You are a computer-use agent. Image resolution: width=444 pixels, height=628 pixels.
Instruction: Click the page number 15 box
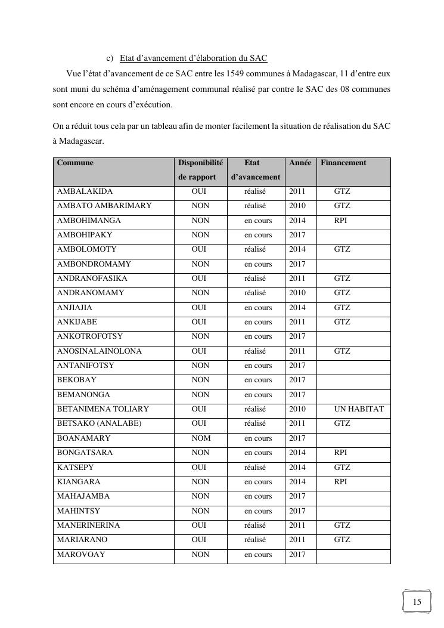click(417, 601)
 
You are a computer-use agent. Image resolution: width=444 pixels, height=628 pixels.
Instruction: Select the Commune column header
click(75, 162)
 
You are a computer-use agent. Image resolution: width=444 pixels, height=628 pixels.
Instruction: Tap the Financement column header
click(343, 162)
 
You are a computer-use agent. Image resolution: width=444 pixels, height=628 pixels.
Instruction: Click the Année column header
click(300, 162)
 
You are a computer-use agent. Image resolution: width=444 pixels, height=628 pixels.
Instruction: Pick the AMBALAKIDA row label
click(85, 191)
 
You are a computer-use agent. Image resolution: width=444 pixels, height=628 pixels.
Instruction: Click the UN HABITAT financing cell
click(359, 409)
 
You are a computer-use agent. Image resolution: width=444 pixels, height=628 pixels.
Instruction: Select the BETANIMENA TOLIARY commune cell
click(103, 409)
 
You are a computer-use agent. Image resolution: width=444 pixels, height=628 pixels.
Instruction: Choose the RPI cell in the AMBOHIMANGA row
click(341, 221)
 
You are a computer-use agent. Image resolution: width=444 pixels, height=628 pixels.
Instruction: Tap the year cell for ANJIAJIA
click(297, 308)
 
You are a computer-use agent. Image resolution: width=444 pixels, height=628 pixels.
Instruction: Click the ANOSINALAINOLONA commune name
click(99, 351)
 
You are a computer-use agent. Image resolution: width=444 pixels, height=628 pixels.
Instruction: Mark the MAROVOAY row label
click(81, 555)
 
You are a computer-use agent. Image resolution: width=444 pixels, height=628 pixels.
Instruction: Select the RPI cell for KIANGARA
click(341, 482)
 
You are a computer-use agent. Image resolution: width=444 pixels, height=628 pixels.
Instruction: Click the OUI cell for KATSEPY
click(199, 468)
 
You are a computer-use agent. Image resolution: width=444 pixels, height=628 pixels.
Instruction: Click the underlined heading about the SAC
click(193, 58)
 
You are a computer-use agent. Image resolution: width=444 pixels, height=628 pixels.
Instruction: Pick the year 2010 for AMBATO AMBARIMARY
click(297, 206)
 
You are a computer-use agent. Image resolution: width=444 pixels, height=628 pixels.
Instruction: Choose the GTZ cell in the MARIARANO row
click(342, 540)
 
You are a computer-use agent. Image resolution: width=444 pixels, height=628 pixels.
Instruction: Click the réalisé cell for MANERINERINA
click(255, 525)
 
